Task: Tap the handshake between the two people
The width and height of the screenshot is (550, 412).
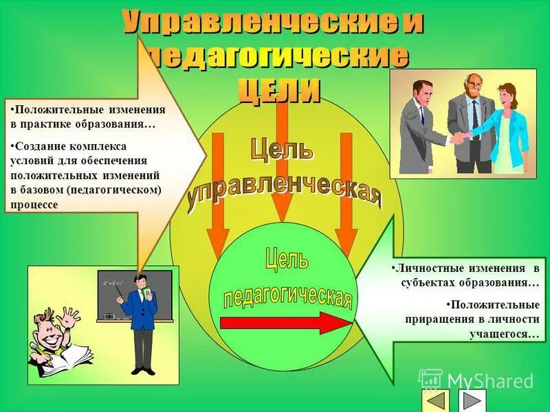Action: point(458,138)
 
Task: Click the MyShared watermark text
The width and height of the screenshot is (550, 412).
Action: point(489,380)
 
